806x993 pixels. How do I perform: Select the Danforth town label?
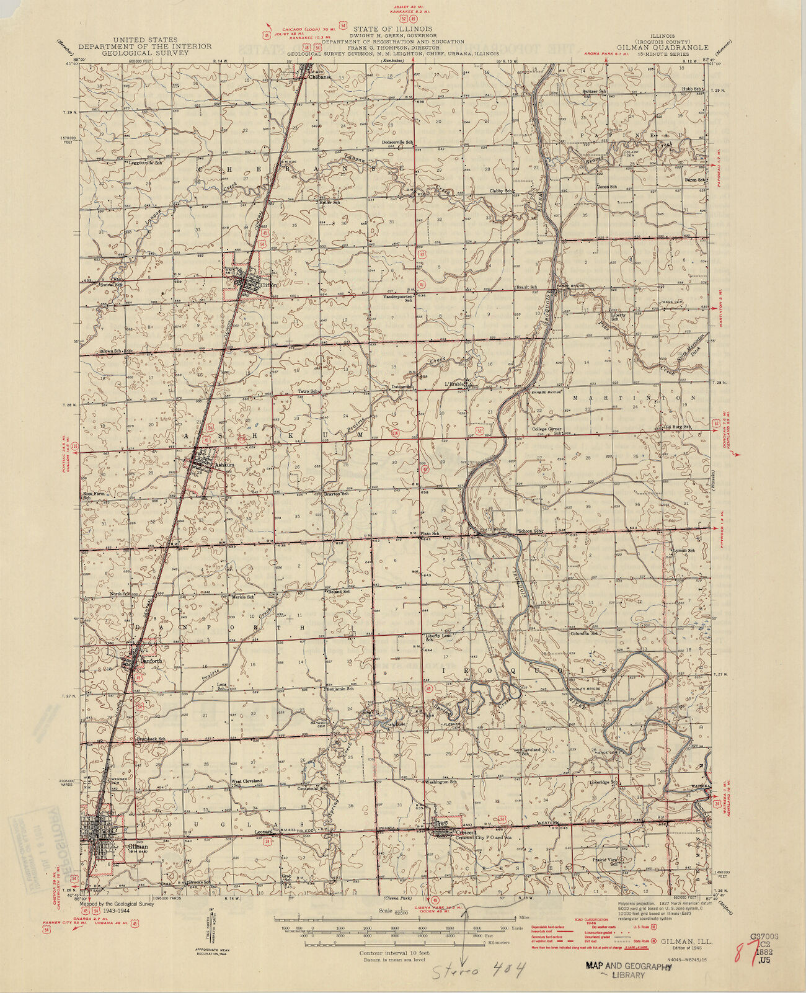coord(151,661)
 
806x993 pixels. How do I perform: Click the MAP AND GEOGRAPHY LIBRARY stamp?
coord(629,970)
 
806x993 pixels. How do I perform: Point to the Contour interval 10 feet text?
coord(394,952)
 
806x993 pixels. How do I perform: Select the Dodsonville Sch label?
coord(397,142)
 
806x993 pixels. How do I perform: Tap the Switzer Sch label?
coord(594,92)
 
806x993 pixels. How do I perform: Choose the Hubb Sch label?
coord(692,89)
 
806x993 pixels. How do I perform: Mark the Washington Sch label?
coord(441,782)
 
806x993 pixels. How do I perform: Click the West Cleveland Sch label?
coord(247,783)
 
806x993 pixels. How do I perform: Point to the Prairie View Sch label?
coord(604,861)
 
